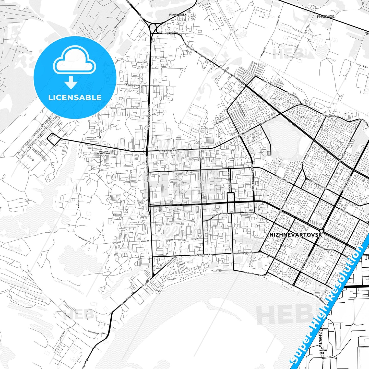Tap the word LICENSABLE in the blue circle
(x=75, y=97)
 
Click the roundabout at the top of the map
(x=153, y=27)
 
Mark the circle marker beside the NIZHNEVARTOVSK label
(x=321, y=231)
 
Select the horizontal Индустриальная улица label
(x=136, y=85)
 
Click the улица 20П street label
(x=141, y=62)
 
